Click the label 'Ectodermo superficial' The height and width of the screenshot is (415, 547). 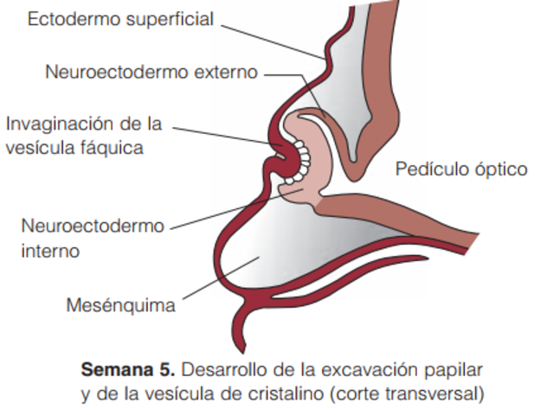[x=120, y=19]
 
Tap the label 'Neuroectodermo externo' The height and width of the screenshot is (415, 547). [x=151, y=72]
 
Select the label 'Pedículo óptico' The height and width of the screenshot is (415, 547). [x=461, y=169]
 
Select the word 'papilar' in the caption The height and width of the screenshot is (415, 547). [x=454, y=369]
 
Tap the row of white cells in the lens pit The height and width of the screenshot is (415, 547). [x=304, y=160]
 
